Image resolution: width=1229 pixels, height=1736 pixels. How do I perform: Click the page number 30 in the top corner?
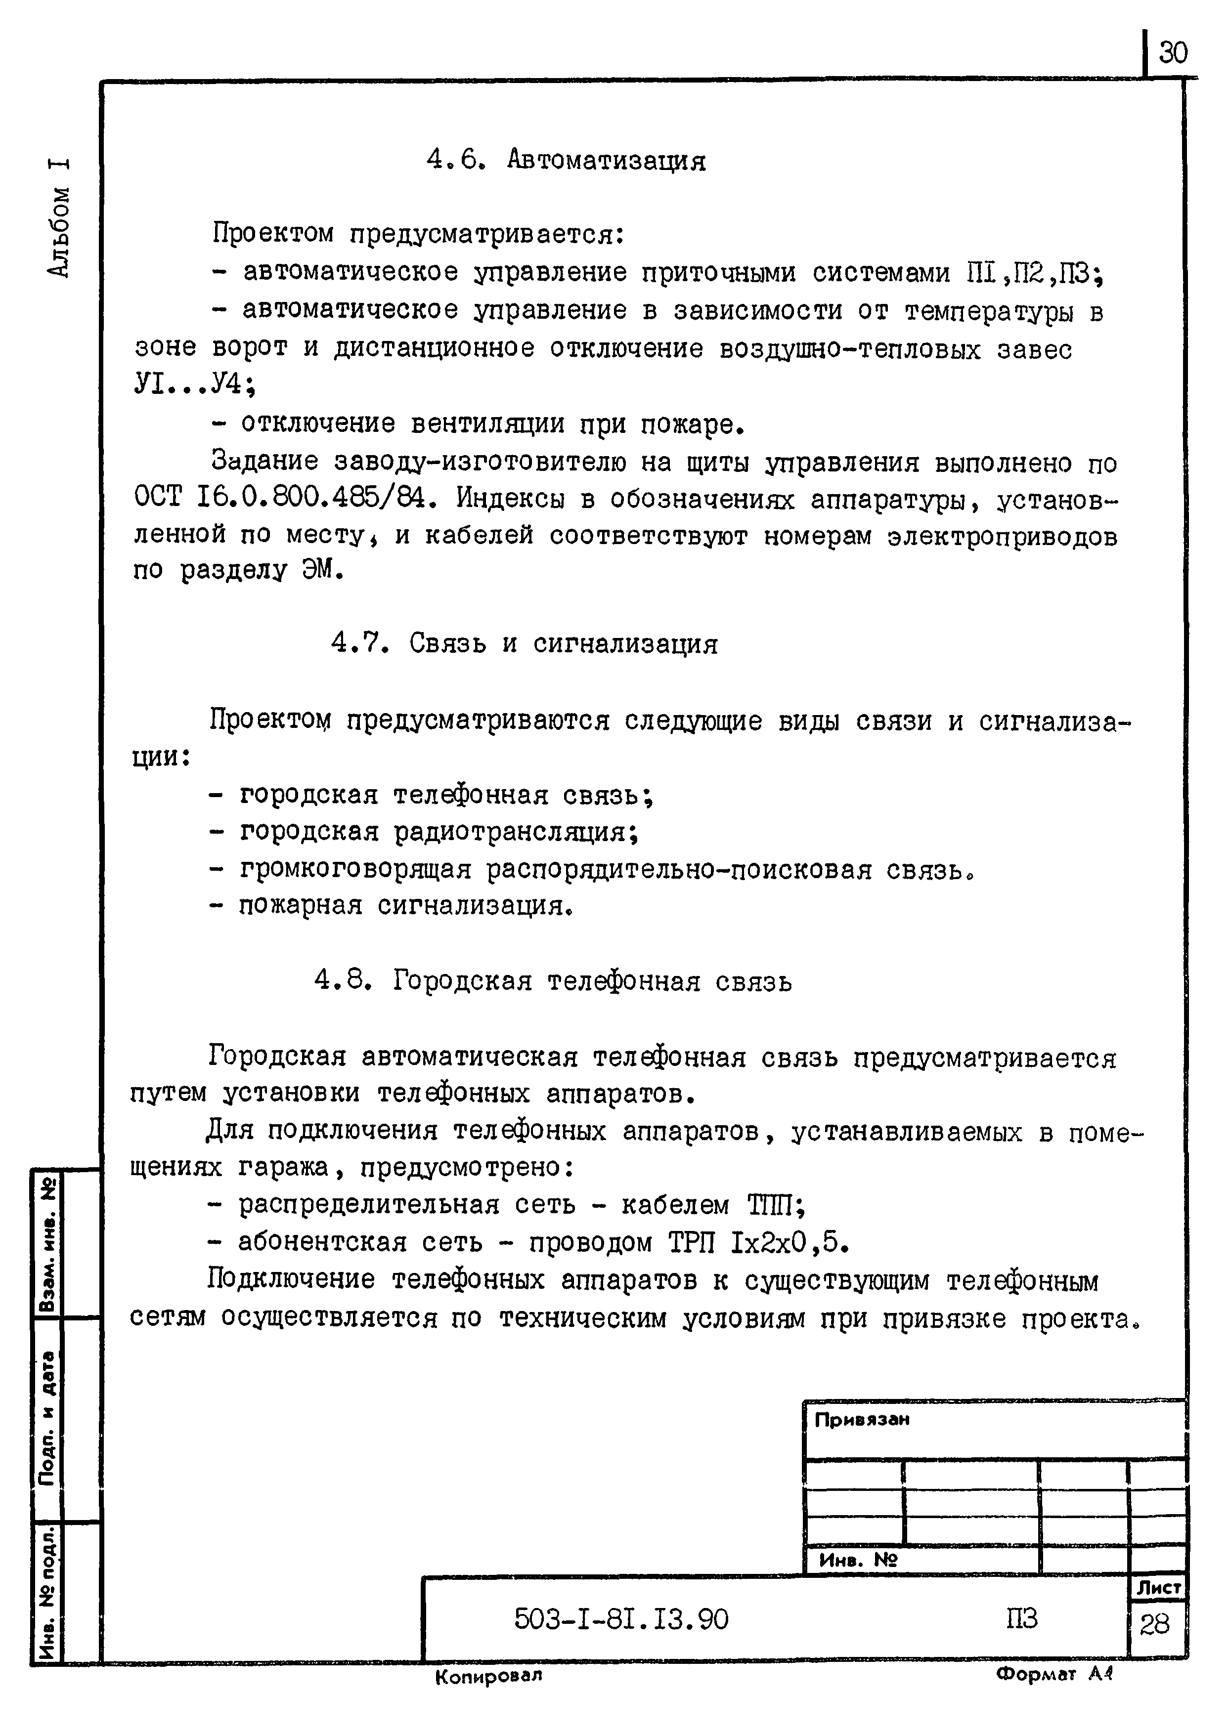click(x=1173, y=53)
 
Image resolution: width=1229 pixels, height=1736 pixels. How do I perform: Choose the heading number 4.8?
click(x=342, y=981)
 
